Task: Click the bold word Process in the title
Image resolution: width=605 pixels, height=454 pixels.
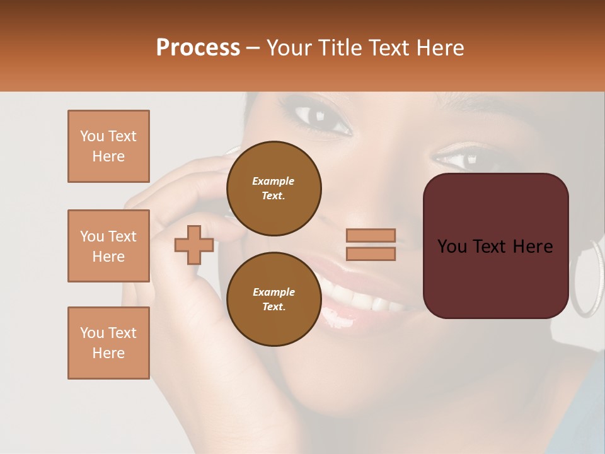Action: [x=198, y=48]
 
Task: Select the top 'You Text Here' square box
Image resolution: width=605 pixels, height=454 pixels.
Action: [x=108, y=146]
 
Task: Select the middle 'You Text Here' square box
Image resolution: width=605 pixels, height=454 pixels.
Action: [x=108, y=246]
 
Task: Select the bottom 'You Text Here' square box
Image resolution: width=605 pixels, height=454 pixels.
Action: [x=108, y=343]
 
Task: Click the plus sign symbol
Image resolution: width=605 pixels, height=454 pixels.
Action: [x=194, y=245]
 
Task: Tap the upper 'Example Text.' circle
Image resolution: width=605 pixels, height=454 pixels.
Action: [x=274, y=189]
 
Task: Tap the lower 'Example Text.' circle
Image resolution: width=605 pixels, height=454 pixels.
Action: [x=274, y=300]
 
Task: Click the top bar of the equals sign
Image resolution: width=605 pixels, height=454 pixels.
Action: [x=371, y=236]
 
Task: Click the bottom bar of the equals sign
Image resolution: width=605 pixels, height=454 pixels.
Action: [x=371, y=254]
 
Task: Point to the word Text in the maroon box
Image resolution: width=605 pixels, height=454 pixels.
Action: [x=495, y=247]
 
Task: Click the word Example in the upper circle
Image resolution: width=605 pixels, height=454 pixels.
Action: [x=273, y=181]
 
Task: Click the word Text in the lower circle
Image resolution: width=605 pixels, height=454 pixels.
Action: [x=273, y=307]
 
